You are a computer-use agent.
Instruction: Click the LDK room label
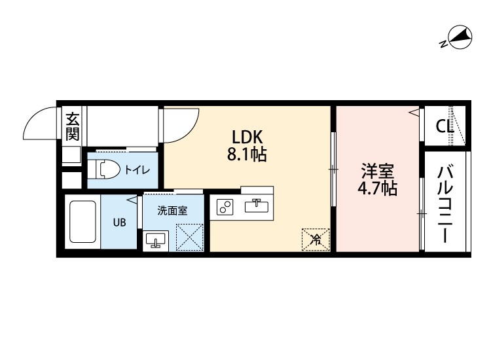[x=247, y=137]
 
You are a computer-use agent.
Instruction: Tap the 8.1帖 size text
[x=247, y=154]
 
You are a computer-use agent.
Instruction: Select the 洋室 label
[x=377, y=171]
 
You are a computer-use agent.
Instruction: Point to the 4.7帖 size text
[x=377, y=189]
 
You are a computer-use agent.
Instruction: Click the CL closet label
[x=445, y=126]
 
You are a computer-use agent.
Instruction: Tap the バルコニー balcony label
[x=445, y=204]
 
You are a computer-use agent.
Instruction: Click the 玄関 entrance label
[x=72, y=126]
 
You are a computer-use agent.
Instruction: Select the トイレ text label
[x=137, y=170]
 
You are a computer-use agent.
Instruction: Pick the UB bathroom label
[x=119, y=223]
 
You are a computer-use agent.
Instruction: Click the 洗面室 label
[x=172, y=211]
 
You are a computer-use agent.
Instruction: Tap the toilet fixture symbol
[x=104, y=170]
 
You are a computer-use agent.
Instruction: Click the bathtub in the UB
[x=82, y=222]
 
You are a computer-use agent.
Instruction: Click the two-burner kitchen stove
[x=225, y=207]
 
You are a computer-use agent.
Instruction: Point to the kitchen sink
[x=257, y=206]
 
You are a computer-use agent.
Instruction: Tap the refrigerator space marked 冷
[x=316, y=240]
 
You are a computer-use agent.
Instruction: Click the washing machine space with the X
[x=189, y=238]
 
